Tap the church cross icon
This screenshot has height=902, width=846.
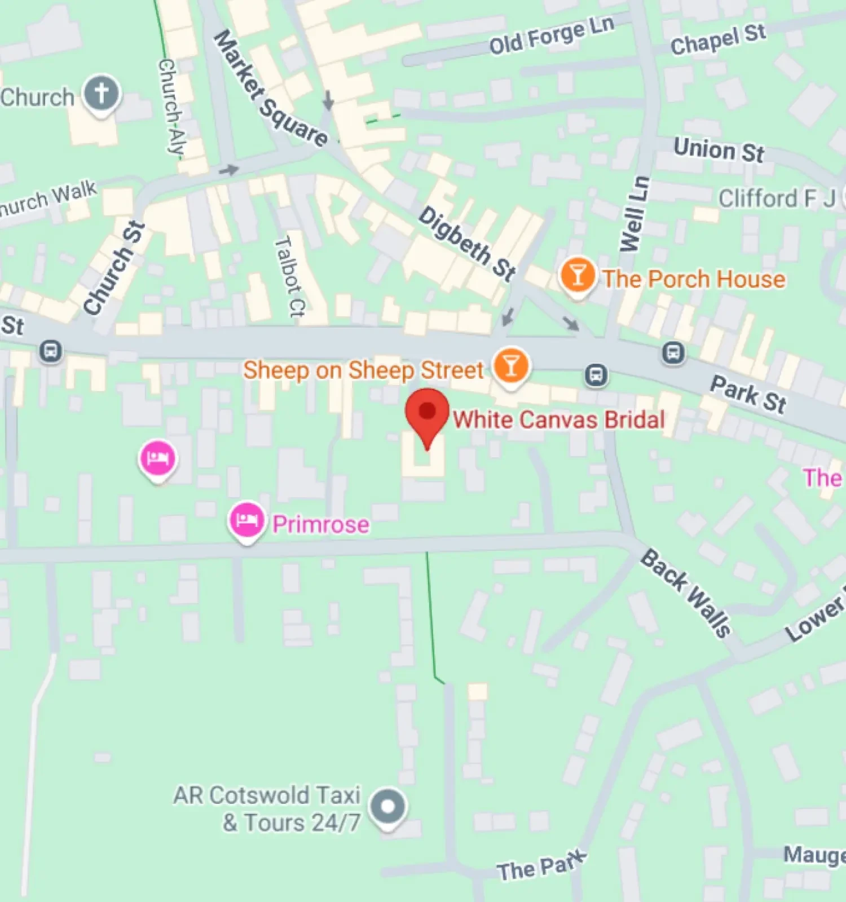102,94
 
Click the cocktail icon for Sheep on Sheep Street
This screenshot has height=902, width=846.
511,366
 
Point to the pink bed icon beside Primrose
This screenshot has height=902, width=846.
246,519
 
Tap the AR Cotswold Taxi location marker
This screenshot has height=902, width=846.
387,807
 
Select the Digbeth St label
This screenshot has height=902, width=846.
467,244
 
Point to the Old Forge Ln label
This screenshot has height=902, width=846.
551,36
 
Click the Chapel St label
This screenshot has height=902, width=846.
718,39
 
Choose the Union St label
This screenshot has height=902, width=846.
719,150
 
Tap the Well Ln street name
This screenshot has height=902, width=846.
634,214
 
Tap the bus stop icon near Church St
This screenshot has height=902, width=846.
51,351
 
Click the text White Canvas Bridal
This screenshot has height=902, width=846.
559,420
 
